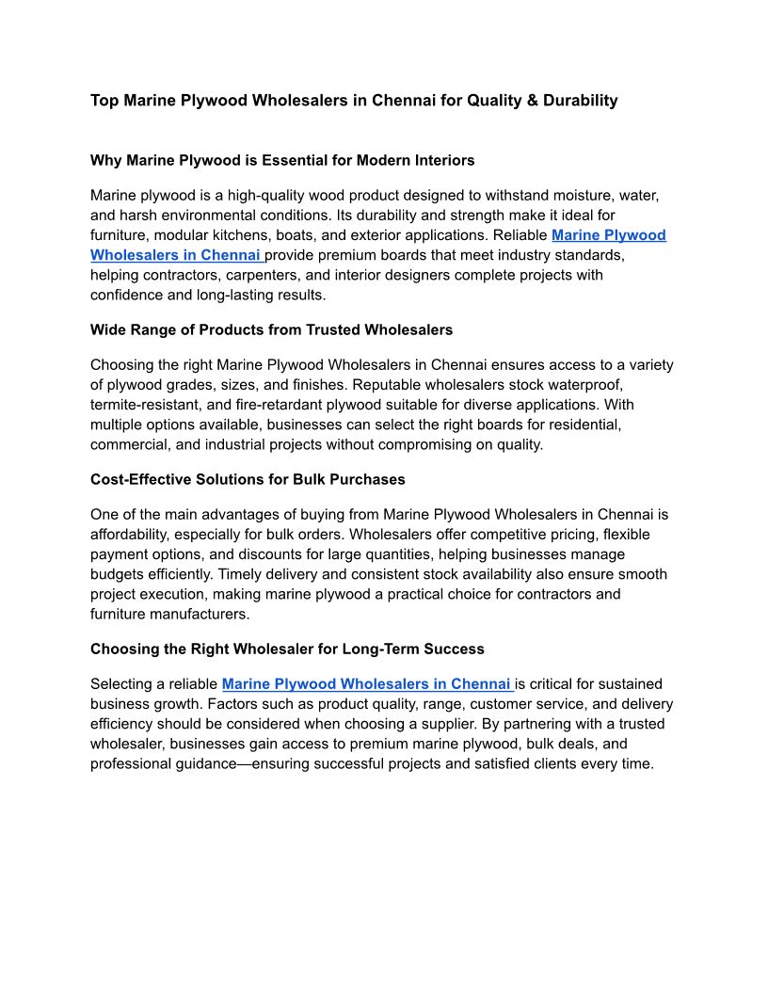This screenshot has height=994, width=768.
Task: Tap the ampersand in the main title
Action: (534, 100)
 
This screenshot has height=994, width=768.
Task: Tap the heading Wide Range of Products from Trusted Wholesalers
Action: (271, 329)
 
